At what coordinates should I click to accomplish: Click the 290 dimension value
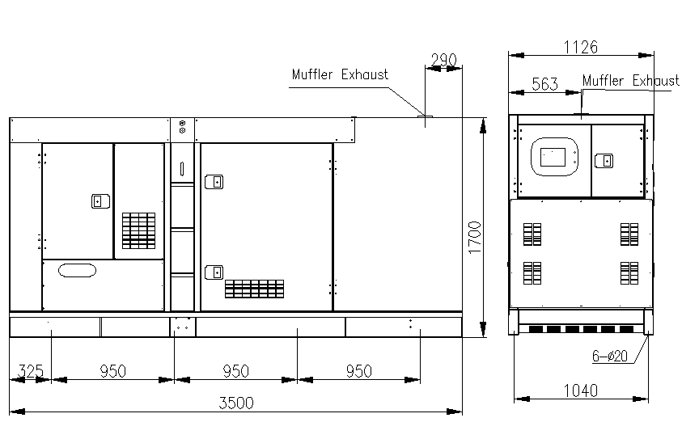(x=444, y=60)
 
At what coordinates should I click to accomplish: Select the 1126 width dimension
(x=580, y=47)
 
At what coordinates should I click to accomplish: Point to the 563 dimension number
(x=545, y=84)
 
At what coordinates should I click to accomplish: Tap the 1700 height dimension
(x=475, y=238)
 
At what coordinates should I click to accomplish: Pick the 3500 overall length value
(x=235, y=403)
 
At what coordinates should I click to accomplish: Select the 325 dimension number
(x=30, y=371)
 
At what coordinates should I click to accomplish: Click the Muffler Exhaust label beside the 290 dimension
(x=340, y=74)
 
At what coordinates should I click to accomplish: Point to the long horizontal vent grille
(x=254, y=288)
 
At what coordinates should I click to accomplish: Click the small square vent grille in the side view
(x=138, y=230)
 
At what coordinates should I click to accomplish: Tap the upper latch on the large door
(x=214, y=182)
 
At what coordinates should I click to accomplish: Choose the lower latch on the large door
(x=214, y=272)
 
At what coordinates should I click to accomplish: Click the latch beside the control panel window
(x=603, y=160)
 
